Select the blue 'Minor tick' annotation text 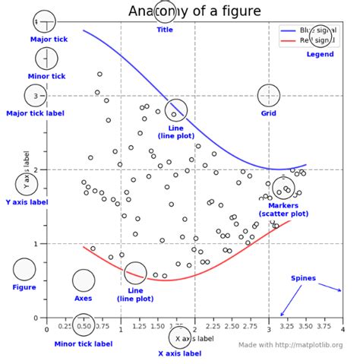click(46, 76)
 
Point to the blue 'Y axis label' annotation click(27, 202)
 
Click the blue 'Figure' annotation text click(24, 287)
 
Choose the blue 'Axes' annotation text click(83, 298)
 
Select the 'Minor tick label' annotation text click(84, 343)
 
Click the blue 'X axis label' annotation click(179, 353)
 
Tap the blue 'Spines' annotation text click(303, 278)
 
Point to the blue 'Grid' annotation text click(269, 113)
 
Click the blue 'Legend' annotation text click(320, 54)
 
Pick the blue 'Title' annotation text click(165, 30)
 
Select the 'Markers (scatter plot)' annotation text click(283, 210)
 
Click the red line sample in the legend click(289, 41)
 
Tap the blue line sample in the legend click(289, 30)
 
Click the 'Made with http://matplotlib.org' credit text click(289, 345)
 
